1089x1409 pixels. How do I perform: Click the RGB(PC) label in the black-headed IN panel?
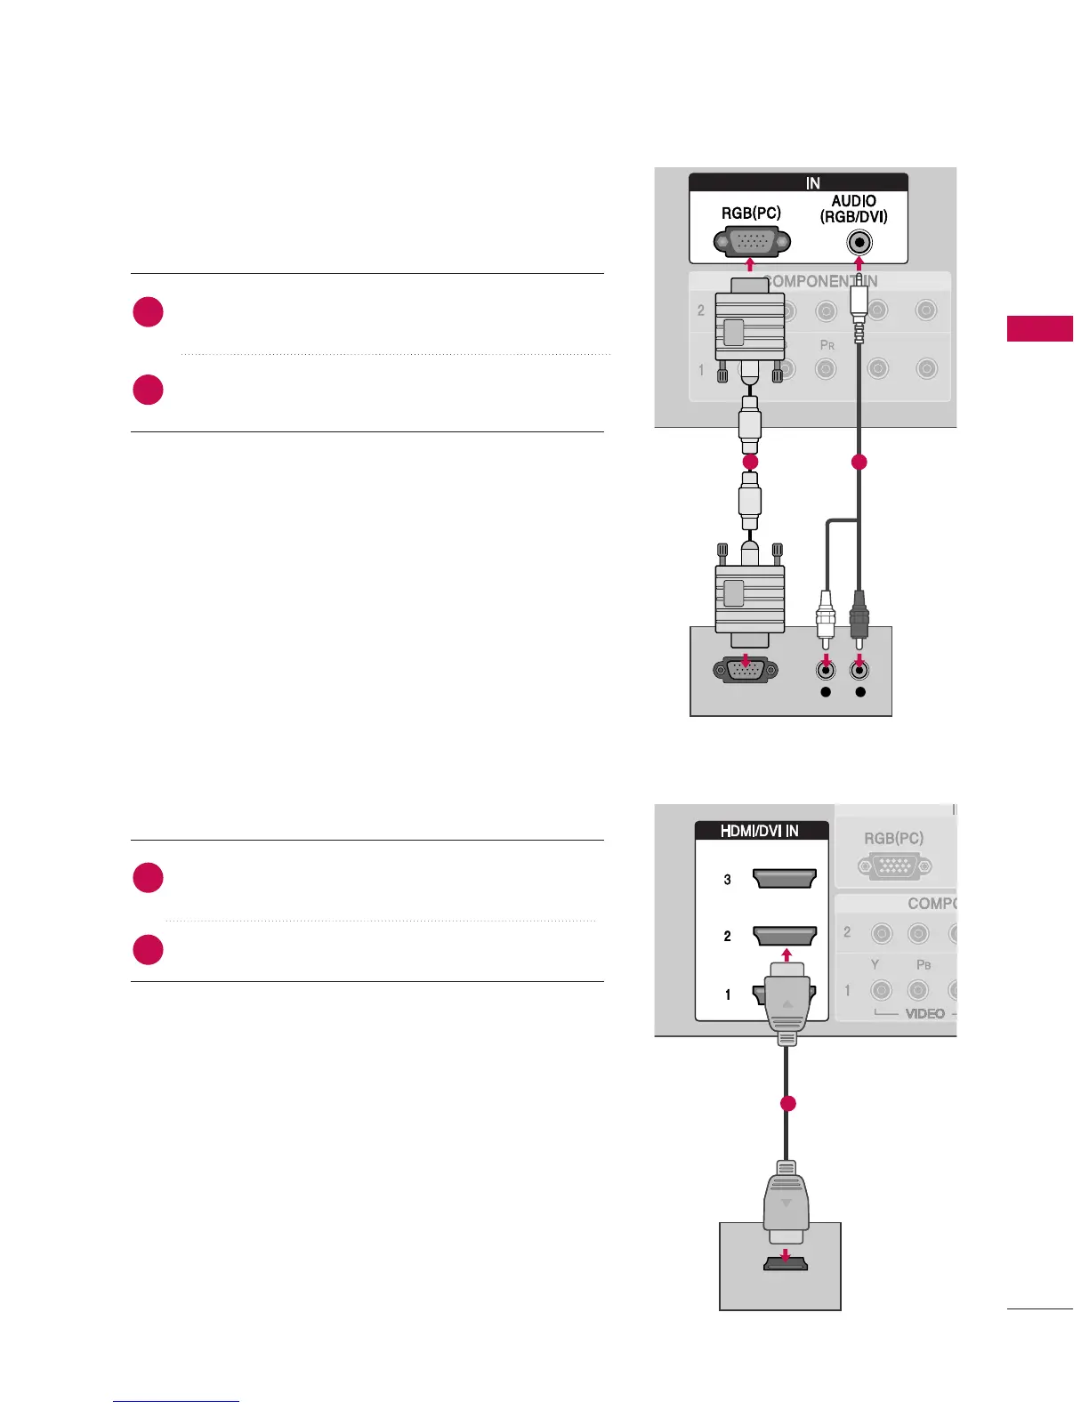[x=751, y=213]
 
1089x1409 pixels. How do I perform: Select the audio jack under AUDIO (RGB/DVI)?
[x=859, y=242]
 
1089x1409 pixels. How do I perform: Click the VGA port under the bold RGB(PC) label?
[x=751, y=242]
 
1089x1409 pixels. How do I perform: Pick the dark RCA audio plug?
[x=859, y=614]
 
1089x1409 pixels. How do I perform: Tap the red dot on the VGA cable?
[x=750, y=462]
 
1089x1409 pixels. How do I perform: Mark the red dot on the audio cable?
[x=859, y=462]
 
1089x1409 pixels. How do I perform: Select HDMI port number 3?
[x=784, y=880]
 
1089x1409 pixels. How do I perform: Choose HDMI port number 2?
[x=784, y=936]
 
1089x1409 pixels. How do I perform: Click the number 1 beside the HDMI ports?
[x=728, y=994]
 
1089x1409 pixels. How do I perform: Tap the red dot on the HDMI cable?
[x=786, y=1104]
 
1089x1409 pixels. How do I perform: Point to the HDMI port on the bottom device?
[x=785, y=1262]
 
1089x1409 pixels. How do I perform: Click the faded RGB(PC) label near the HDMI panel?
[x=893, y=838]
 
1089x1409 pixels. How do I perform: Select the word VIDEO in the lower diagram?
[x=924, y=1014]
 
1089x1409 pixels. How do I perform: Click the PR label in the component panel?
[x=827, y=345]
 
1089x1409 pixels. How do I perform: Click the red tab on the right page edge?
[x=1040, y=328]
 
